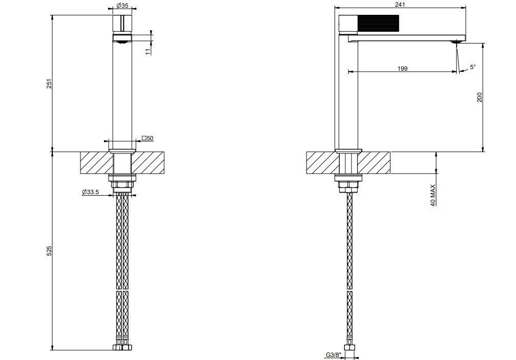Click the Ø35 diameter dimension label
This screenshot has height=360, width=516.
pos(122,6)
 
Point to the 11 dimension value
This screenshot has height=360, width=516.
pos(148,51)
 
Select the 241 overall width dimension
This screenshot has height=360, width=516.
pos(401,5)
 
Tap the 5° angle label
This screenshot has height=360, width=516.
pos(473,67)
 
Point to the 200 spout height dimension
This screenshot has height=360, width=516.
pos(480,97)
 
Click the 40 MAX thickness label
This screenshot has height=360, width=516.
pos(433,195)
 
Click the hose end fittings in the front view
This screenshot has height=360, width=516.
pos(122,347)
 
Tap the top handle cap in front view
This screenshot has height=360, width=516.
pos(122,24)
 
